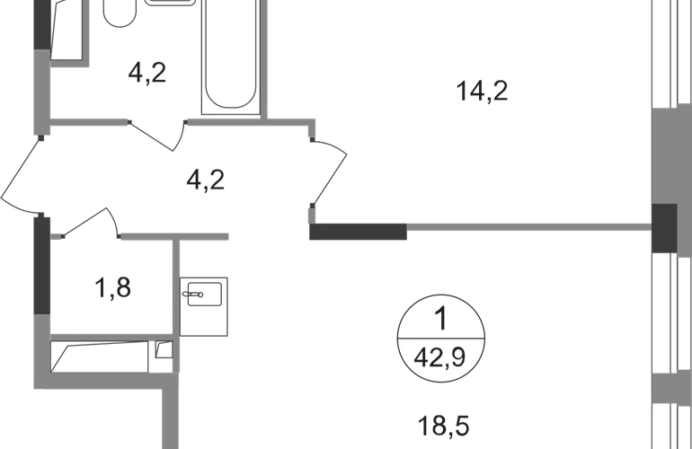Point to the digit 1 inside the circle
pos(440,316)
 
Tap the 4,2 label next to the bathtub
pos(148,75)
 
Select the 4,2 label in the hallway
pos(208,182)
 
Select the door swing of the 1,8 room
pos(94,220)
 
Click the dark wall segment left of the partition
pos(357,233)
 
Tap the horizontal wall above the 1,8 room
pos(179,237)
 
